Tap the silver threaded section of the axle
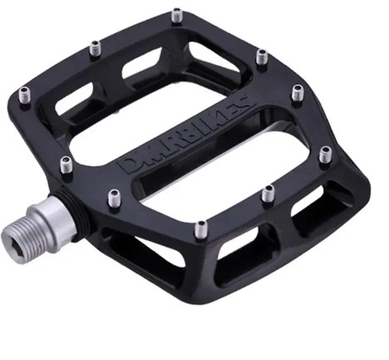click(22, 236)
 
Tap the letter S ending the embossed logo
click(244, 101)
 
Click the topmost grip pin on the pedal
click(176, 16)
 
